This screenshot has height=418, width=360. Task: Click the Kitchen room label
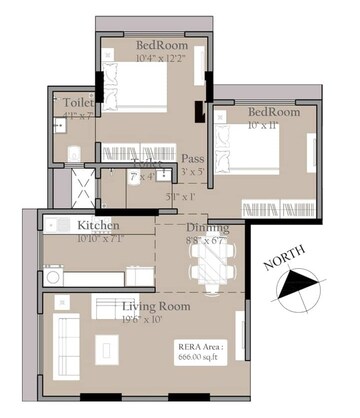(x=98, y=226)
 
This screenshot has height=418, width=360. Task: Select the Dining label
(x=208, y=228)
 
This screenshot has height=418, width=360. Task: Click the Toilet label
(x=77, y=103)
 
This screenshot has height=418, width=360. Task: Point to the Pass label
(x=192, y=159)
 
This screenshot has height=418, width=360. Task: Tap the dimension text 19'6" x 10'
(x=143, y=320)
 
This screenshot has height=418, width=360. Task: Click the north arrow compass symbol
(x=296, y=291)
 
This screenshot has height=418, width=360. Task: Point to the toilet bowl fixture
(x=74, y=152)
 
